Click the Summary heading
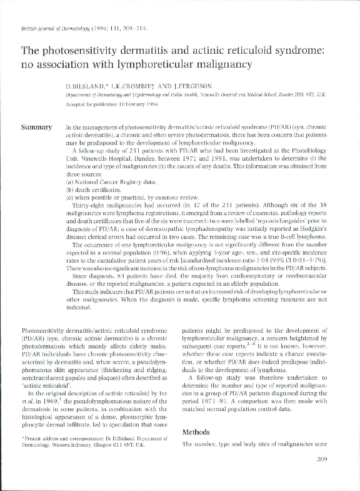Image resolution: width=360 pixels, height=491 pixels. coord(36,128)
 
